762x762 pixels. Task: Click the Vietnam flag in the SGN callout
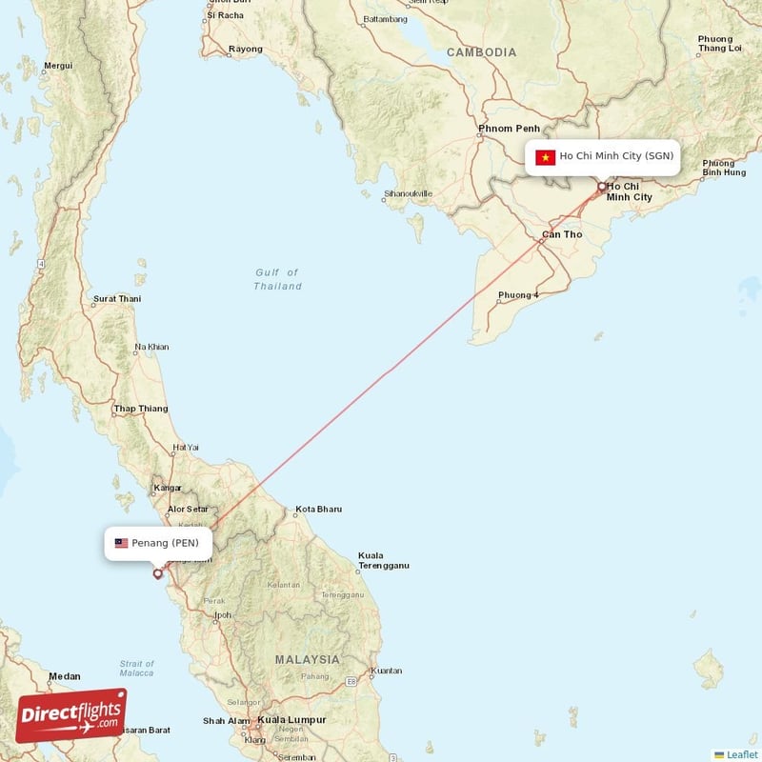tap(545, 157)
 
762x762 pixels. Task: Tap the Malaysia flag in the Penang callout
tap(121, 543)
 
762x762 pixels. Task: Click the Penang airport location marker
tap(158, 573)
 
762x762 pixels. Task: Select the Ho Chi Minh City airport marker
tap(601, 187)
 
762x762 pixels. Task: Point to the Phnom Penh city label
tap(510, 129)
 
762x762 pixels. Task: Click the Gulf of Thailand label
tap(277, 279)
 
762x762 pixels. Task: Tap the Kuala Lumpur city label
tap(291, 720)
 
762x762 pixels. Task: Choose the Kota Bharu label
tap(318, 510)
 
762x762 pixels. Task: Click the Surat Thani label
tap(116, 299)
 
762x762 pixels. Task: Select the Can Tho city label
tap(561, 234)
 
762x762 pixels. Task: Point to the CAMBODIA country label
tap(481, 53)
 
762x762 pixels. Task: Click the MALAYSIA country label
tap(307, 659)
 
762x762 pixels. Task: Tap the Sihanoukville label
tap(408, 194)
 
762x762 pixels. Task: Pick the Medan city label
tap(65, 676)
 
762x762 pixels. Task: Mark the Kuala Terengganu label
tap(383, 560)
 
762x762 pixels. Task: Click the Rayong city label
tap(246, 50)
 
